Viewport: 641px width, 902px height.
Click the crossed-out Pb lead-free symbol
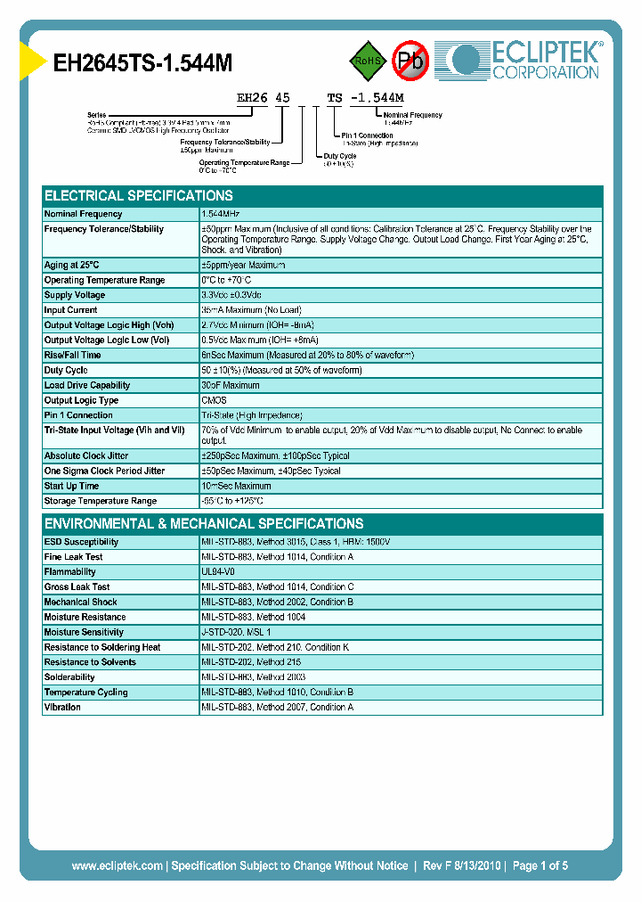[411, 61]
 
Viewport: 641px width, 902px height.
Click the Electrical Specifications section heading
[139, 195]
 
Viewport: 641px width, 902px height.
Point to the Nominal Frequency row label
[84, 214]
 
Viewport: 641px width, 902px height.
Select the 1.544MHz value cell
[221, 214]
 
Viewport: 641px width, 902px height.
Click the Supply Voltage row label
[75, 295]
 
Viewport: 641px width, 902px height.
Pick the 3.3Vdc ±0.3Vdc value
[231, 295]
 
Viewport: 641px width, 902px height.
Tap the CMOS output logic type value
[214, 400]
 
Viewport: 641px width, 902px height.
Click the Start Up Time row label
[72, 486]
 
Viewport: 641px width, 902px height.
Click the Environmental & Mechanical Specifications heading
[204, 523]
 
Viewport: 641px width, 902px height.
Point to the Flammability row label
[70, 571]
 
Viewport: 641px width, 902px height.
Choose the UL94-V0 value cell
[218, 571]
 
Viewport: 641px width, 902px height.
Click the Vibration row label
[62, 707]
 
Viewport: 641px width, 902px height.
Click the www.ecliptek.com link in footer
[117, 865]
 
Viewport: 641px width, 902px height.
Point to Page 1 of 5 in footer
[540, 865]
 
